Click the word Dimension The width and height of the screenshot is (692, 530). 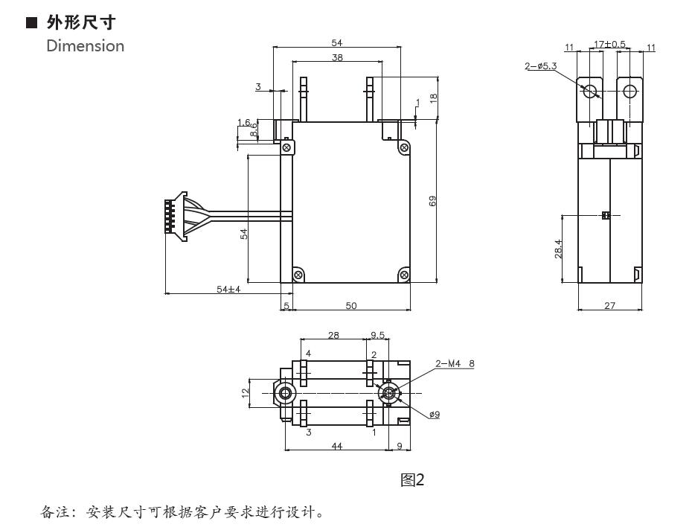(x=85, y=45)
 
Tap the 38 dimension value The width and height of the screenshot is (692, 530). (x=337, y=57)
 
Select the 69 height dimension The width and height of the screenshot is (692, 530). (x=432, y=200)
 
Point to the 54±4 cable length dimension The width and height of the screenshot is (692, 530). (x=228, y=289)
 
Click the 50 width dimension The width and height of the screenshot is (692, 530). (x=351, y=305)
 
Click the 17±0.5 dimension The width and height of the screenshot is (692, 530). (x=609, y=45)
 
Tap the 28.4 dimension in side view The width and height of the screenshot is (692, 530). (x=558, y=249)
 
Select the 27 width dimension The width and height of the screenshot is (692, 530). (x=609, y=305)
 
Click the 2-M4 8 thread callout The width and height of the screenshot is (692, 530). (x=455, y=364)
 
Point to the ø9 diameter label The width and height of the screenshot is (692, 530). (x=433, y=415)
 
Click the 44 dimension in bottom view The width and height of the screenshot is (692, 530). (x=336, y=446)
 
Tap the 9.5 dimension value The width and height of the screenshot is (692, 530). (x=377, y=335)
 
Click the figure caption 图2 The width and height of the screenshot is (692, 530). (x=411, y=480)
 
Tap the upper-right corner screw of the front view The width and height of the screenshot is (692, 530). (x=404, y=147)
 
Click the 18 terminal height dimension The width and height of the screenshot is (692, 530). (x=433, y=96)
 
